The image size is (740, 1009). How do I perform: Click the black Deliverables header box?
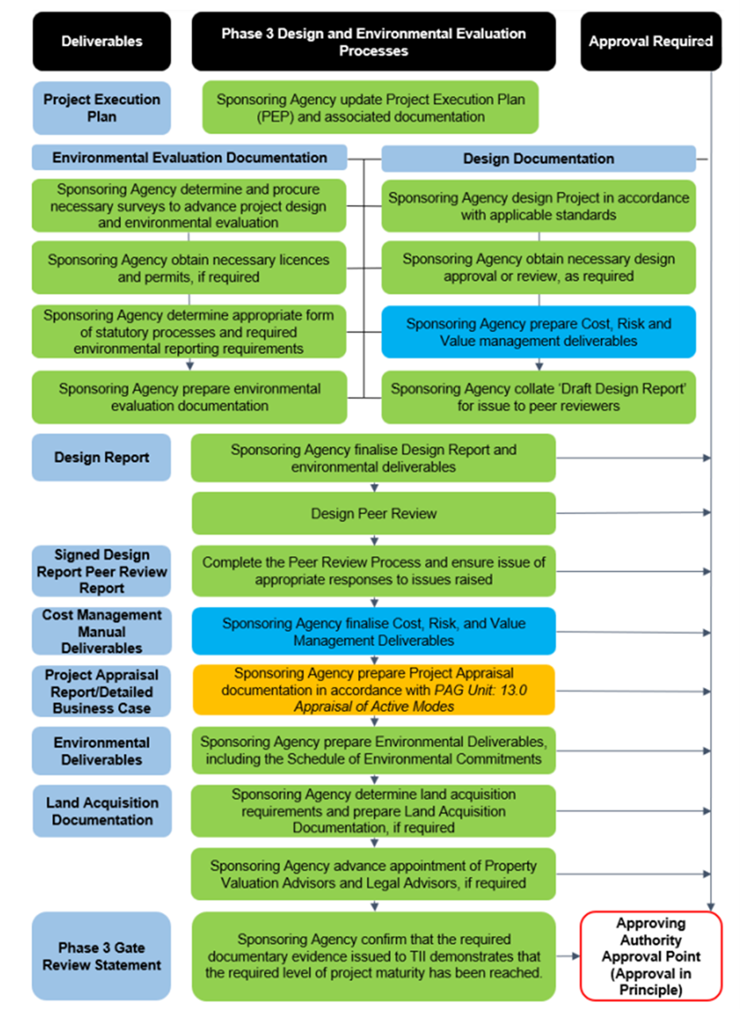102,41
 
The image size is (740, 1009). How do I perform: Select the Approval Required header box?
651,41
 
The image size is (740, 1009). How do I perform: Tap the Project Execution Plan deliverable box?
102,108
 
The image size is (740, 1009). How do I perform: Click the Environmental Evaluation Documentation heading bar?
190,157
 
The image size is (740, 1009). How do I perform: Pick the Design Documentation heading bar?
538,159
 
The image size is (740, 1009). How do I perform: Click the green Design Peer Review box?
374,513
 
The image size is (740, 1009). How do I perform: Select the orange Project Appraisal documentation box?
374,690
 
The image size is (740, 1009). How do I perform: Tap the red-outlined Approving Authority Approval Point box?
651,956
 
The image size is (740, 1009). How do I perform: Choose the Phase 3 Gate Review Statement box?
102,956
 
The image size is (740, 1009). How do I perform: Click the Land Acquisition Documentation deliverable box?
102,811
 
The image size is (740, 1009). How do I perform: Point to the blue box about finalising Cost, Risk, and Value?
374,631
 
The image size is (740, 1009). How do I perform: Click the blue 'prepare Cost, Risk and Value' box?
538,332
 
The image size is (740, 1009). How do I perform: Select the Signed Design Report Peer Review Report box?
102,571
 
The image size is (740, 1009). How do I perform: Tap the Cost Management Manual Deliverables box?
102,631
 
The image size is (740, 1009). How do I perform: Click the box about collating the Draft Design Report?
538,397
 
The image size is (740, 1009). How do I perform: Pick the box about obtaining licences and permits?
189,268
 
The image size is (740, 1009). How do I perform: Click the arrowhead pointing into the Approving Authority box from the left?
576,956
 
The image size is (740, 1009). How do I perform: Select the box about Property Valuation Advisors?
374,874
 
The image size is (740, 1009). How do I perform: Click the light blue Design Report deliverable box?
102,457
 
